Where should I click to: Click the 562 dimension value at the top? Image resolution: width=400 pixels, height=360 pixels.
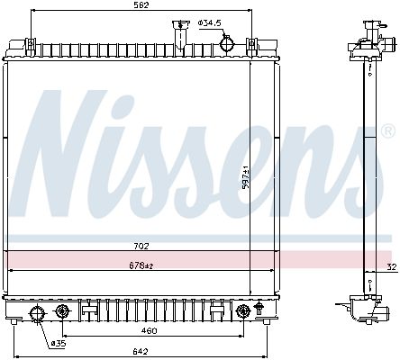[x=141, y=5]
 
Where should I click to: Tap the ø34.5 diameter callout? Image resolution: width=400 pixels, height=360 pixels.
[x=209, y=22]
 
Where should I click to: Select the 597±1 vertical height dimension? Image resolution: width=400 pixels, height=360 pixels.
[x=246, y=177]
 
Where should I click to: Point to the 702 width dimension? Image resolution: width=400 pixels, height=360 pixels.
[x=141, y=247]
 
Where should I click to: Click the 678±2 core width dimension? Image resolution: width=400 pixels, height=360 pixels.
[x=141, y=265]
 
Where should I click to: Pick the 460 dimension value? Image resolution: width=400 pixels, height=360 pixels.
[x=149, y=330]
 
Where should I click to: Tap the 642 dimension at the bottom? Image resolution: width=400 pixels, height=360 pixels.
[x=141, y=351]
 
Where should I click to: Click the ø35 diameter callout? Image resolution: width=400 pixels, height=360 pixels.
[x=59, y=344]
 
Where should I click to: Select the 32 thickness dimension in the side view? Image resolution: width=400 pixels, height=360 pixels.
[x=392, y=266]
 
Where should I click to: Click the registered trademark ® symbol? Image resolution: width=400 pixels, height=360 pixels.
[x=388, y=131]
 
